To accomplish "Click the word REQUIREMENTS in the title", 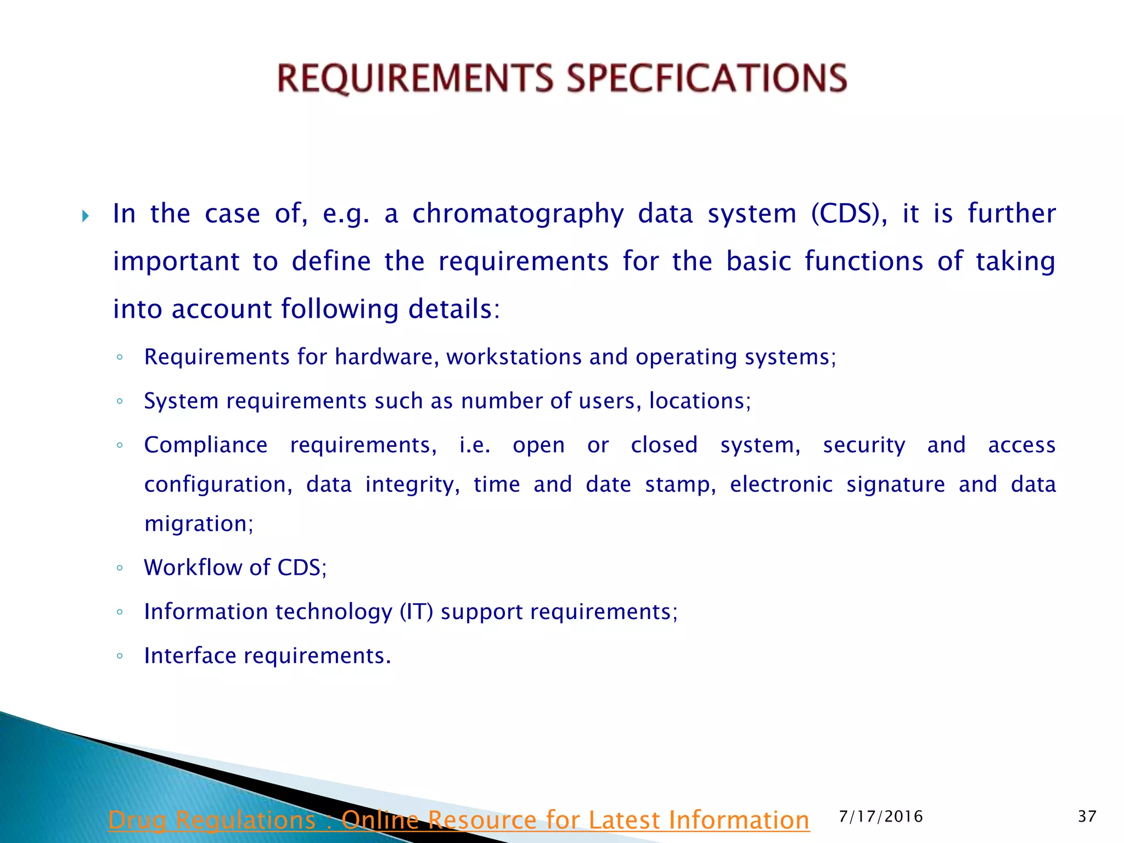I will click(415, 78).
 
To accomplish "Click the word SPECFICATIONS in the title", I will click(707, 78).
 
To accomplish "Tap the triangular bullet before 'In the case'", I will click(85, 216).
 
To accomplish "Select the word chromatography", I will click(518, 214).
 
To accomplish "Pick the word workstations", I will click(514, 357).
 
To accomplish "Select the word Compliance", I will click(206, 445).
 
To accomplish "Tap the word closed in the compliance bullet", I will click(664, 445).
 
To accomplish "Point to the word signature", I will click(895, 485).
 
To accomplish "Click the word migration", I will click(198, 524).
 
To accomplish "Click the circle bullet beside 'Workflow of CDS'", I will click(120, 568).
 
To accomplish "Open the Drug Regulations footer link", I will click(459, 820).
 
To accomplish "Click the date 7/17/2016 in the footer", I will click(881, 817).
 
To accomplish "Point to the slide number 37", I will click(1087, 817).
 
